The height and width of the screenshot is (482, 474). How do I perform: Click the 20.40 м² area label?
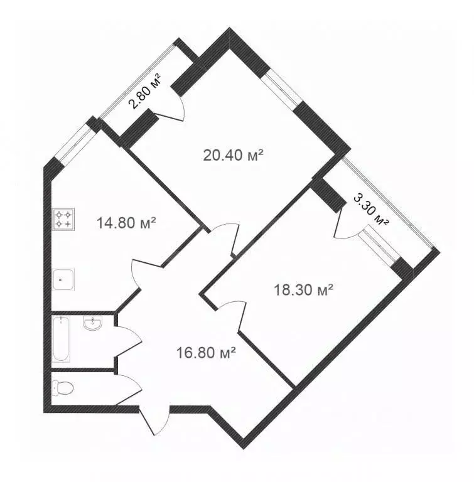point(232,154)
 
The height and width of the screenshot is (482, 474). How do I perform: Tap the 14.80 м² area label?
point(126,222)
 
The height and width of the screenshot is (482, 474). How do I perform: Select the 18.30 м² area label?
point(303,290)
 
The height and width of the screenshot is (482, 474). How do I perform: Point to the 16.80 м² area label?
point(206,353)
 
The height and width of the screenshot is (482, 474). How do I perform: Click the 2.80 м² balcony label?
point(145,92)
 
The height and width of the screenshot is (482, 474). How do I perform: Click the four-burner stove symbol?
point(63,220)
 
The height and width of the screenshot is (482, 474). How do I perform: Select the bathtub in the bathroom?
point(62,340)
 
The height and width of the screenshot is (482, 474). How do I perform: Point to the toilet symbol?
point(64,387)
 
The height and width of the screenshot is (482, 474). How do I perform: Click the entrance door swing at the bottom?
point(157,420)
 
